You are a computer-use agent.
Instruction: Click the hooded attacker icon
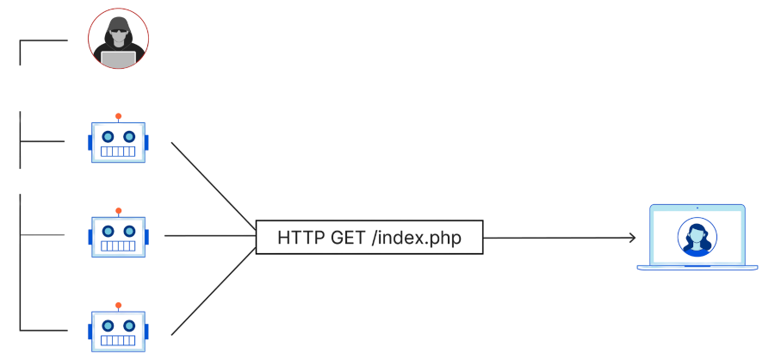pyautogui.click(x=118, y=40)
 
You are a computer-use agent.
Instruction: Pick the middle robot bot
pyautogui.click(x=119, y=236)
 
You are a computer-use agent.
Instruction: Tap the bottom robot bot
pyautogui.click(x=119, y=330)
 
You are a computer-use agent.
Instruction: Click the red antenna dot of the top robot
pyautogui.click(x=118, y=115)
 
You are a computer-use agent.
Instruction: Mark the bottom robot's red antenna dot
pyautogui.click(x=118, y=304)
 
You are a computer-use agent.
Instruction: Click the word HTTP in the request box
pyautogui.click(x=301, y=238)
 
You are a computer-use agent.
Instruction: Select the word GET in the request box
pyautogui.click(x=348, y=238)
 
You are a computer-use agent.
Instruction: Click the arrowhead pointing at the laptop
pyautogui.click(x=632, y=238)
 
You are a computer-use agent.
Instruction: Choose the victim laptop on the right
pyautogui.click(x=697, y=238)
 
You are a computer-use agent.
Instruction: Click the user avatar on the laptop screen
pyautogui.click(x=696, y=236)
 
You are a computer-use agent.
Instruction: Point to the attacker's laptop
pyautogui.click(x=118, y=59)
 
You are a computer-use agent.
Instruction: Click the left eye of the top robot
pyautogui.click(x=108, y=136)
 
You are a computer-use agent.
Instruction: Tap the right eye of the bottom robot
pyautogui.click(x=129, y=325)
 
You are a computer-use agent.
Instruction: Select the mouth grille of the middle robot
pyautogui.click(x=119, y=246)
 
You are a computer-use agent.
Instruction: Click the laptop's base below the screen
pyautogui.click(x=697, y=267)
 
